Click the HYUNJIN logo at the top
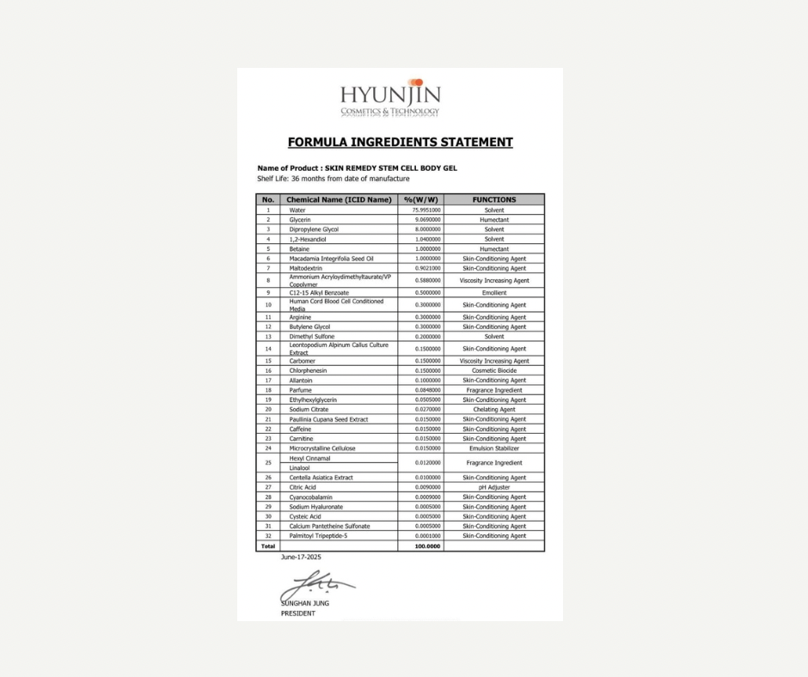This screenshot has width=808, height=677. pos(389,99)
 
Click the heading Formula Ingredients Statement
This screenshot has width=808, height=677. pos(400,143)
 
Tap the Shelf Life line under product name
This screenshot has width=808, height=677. pos(333,179)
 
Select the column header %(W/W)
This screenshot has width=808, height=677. pos(421,199)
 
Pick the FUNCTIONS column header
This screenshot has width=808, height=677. pos(494,199)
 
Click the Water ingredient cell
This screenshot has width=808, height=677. pos(297,210)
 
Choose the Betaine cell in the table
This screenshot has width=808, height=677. pos(300,249)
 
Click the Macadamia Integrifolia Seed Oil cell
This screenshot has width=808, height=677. pos(331,259)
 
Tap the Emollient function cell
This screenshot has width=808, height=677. pos(494,293)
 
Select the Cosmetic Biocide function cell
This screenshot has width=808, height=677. pos(494,370)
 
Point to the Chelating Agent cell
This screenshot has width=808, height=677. pos(494,410)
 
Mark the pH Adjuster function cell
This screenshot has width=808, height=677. pos(494,487)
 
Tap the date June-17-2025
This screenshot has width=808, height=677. pos(301,558)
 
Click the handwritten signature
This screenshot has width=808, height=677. pos(315,588)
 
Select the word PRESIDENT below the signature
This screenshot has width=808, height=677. pos(298,613)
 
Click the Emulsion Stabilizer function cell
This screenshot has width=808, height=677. pos(494,448)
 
